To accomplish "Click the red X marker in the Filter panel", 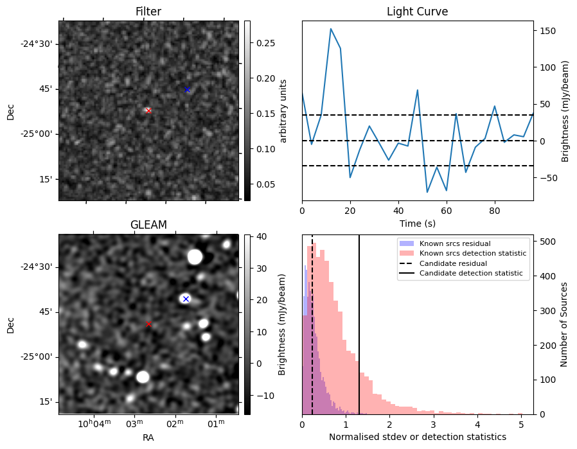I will [148, 110].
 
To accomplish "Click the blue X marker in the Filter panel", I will [187, 89].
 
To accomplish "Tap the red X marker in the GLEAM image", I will [148, 324].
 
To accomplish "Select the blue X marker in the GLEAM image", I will [186, 299].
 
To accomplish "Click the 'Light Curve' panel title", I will [417, 12].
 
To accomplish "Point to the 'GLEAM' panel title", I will [148, 225].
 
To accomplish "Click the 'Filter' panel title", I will [148, 12].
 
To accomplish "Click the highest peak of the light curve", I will [330, 29].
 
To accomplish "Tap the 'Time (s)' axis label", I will [417, 223].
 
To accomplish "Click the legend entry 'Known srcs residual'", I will [454, 243].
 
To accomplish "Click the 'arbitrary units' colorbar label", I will [283, 110].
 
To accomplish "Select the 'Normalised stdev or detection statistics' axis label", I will [417, 437].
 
